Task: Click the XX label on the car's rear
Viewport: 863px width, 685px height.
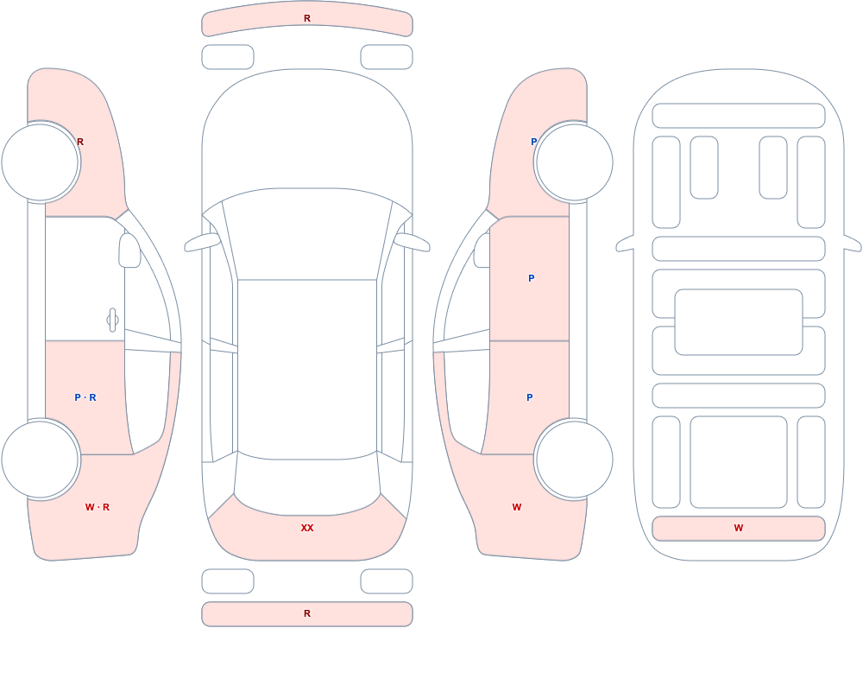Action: [307, 528]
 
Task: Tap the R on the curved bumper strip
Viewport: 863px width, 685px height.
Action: [307, 19]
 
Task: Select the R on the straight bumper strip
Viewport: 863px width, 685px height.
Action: [307, 613]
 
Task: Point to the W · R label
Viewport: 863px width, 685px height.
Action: [98, 507]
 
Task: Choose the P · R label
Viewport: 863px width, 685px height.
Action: [85, 397]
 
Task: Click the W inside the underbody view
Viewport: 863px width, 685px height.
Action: [739, 528]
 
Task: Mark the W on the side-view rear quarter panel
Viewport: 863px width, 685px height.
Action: [517, 507]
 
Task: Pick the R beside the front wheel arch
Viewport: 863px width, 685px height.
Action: [80, 142]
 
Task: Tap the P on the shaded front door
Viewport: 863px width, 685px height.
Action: [531, 278]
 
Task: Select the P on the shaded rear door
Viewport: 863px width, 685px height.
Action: [530, 397]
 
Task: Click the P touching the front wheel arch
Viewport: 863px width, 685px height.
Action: [533, 142]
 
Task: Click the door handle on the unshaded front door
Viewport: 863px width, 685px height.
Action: [112, 320]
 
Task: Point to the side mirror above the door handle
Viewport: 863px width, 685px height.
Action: [129, 251]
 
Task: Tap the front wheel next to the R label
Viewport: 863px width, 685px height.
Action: [41, 162]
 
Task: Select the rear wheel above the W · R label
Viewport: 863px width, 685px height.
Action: [41, 459]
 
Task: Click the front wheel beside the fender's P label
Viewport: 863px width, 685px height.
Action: [574, 162]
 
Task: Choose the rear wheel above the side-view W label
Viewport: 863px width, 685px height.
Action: [574, 459]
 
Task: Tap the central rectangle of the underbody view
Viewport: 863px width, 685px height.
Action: [739, 322]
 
